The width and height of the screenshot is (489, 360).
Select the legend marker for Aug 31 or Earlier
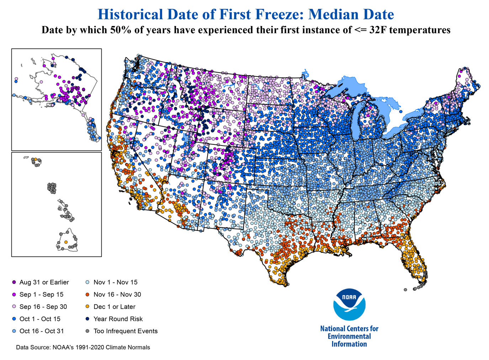click(14, 282)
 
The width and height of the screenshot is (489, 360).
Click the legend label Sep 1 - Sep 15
click(41, 295)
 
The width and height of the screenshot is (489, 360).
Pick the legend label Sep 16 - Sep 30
click(43, 307)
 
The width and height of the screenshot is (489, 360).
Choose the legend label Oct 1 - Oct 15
click(40, 319)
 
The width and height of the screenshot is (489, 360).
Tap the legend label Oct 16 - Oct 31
click(42, 331)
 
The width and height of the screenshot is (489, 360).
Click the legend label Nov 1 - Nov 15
click(115, 282)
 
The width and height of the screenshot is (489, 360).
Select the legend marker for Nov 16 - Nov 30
click(87, 295)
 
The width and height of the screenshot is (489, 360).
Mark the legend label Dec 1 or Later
click(114, 307)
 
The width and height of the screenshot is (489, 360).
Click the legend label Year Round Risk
click(118, 319)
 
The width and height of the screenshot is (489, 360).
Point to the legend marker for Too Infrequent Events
click(87, 331)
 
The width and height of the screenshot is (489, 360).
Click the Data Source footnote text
click(83, 348)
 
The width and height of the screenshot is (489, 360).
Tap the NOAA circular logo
click(349, 305)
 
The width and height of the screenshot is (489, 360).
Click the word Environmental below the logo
click(349, 337)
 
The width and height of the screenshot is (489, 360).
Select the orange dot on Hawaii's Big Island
click(66, 242)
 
